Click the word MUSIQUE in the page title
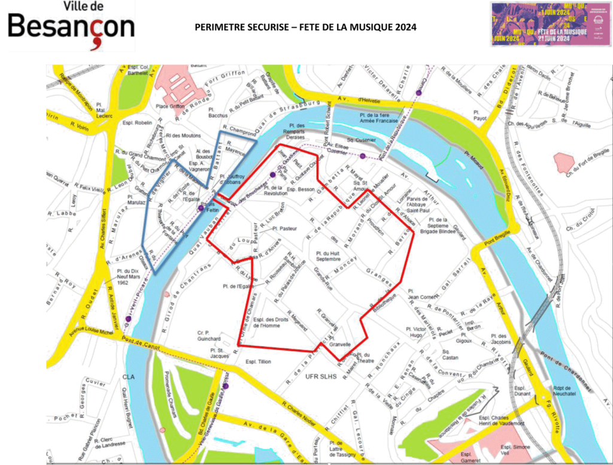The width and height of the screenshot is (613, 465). click(369, 28)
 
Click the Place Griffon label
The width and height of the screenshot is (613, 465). click(170, 106)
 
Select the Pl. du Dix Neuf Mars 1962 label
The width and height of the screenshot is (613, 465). click(123, 277)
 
